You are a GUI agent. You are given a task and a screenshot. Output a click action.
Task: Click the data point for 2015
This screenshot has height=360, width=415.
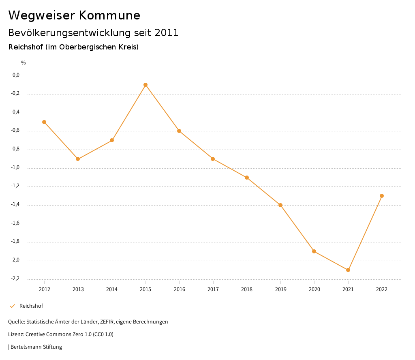[145, 85]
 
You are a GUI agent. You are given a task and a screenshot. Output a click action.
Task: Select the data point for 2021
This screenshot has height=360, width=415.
[348, 270]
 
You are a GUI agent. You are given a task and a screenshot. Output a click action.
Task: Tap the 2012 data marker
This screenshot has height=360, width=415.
[44, 122]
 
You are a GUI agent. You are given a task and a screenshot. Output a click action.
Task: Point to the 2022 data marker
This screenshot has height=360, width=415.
[382, 196]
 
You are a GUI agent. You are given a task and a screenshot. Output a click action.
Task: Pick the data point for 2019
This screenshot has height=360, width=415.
[280, 205]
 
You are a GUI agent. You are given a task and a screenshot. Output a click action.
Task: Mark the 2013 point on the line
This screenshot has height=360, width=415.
[78, 159]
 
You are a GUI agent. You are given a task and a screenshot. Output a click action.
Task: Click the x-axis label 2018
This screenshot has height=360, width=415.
[247, 289]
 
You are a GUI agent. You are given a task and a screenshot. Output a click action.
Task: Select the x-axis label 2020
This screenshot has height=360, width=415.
[314, 289]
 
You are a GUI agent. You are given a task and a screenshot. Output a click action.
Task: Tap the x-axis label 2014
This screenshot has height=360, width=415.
[112, 289]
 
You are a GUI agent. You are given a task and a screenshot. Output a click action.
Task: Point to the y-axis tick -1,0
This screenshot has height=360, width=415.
[16, 168]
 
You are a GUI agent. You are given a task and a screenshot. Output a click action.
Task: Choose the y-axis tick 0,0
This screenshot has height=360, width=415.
[16, 75]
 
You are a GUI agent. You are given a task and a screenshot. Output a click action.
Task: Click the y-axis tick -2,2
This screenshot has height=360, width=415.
[16, 279]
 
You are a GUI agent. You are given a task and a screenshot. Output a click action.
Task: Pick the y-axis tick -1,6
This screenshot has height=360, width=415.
[16, 223]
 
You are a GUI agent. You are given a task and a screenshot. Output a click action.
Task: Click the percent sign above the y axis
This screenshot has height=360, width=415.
[24, 63]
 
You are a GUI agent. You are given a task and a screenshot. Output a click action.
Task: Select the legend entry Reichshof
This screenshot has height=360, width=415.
[31, 306]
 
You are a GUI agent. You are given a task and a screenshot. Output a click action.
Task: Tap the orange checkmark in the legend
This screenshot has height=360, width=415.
[12, 306]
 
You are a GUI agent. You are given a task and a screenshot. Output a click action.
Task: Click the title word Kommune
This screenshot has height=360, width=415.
[109, 15]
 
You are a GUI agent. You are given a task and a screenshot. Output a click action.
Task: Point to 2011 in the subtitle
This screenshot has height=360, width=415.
[166, 33]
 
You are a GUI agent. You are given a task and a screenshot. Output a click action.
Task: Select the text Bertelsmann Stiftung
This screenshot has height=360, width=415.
[36, 347]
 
